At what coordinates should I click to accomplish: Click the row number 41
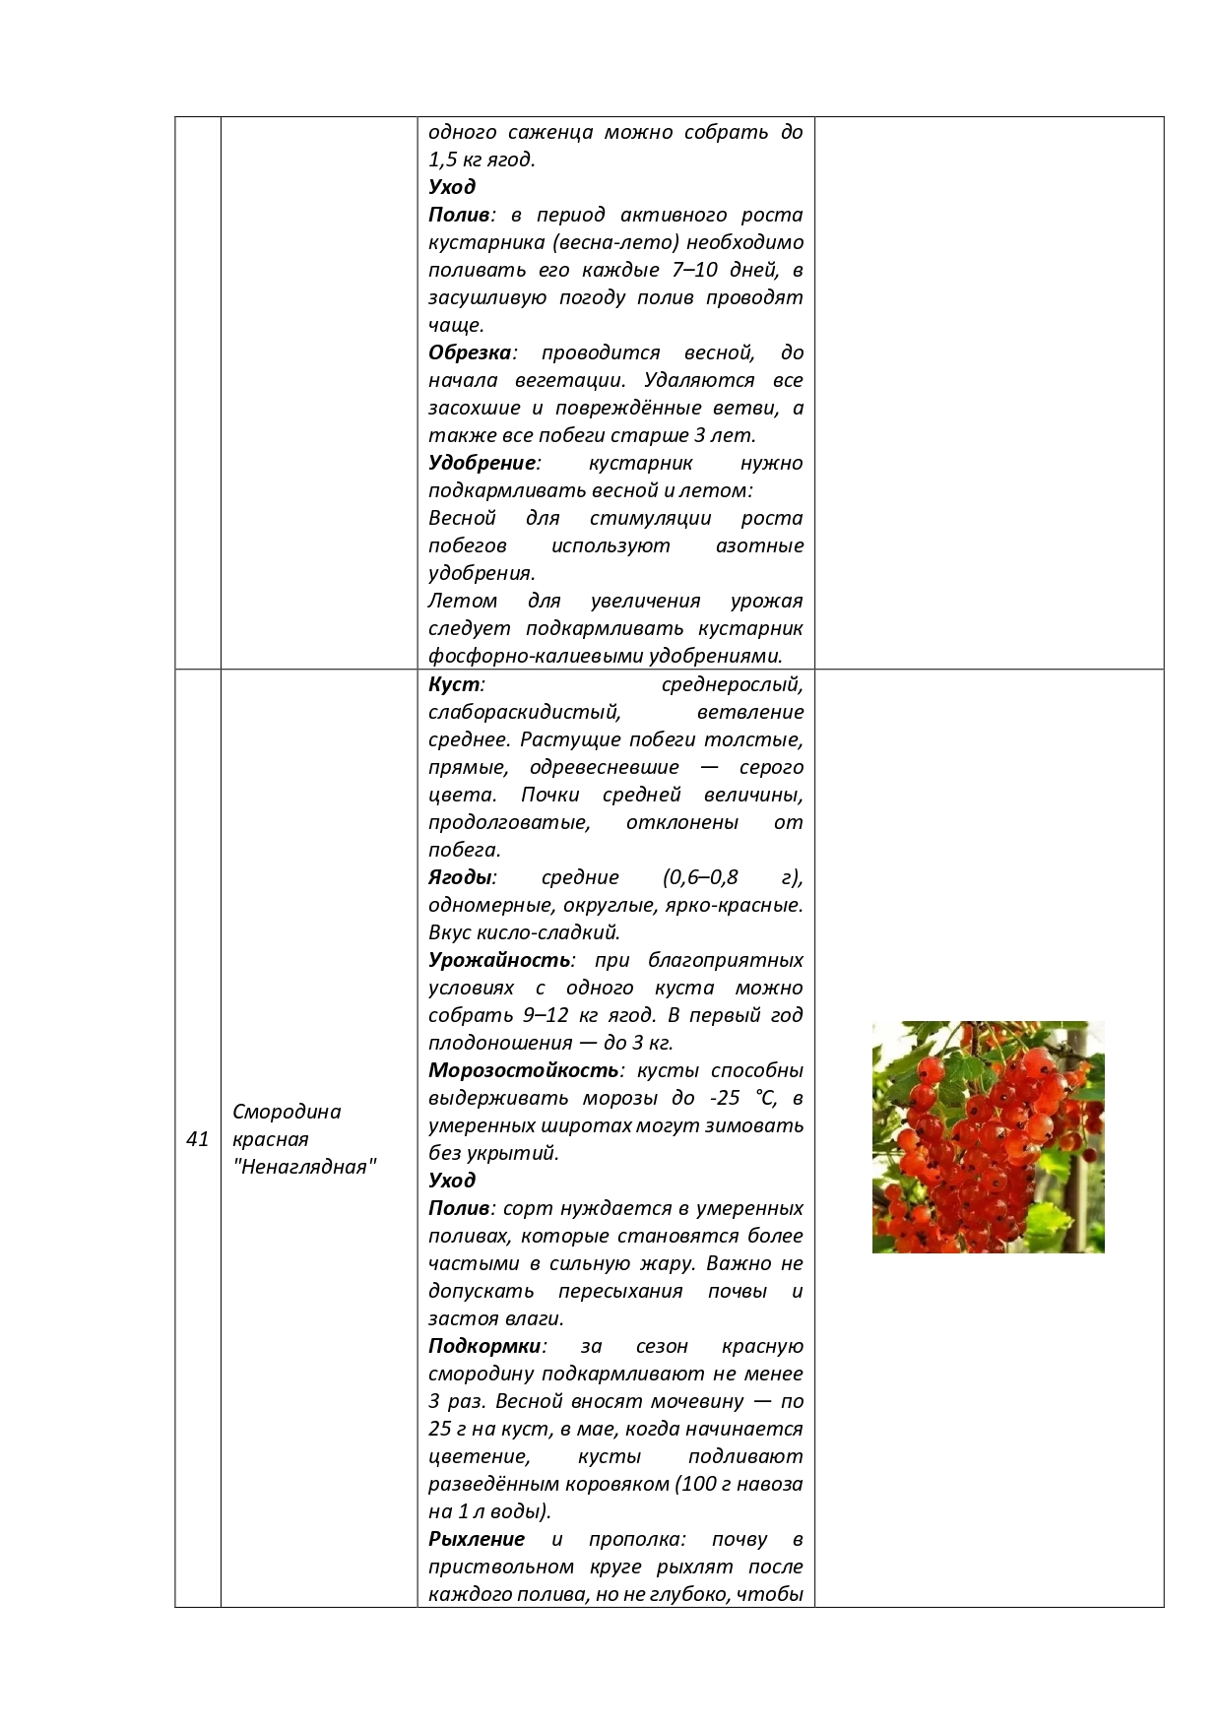click(x=198, y=1139)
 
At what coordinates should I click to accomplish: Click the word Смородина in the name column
click(x=287, y=1112)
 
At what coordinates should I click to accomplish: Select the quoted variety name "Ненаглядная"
click(x=304, y=1167)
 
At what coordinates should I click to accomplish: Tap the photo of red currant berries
click(x=988, y=1136)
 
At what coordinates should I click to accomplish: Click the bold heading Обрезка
click(x=471, y=352)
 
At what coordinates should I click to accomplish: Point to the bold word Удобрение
click(x=482, y=463)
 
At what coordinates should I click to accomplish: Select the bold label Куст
click(x=454, y=683)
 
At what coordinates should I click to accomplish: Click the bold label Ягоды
click(x=460, y=876)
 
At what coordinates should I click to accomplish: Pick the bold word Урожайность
click(x=499, y=959)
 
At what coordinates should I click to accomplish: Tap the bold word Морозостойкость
click(x=523, y=1069)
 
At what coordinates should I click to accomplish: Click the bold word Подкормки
click(x=484, y=1345)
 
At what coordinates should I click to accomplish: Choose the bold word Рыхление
click(x=477, y=1538)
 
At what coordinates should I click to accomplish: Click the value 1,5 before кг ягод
click(x=442, y=160)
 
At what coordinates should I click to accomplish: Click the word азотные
click(x=759, y=545)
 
